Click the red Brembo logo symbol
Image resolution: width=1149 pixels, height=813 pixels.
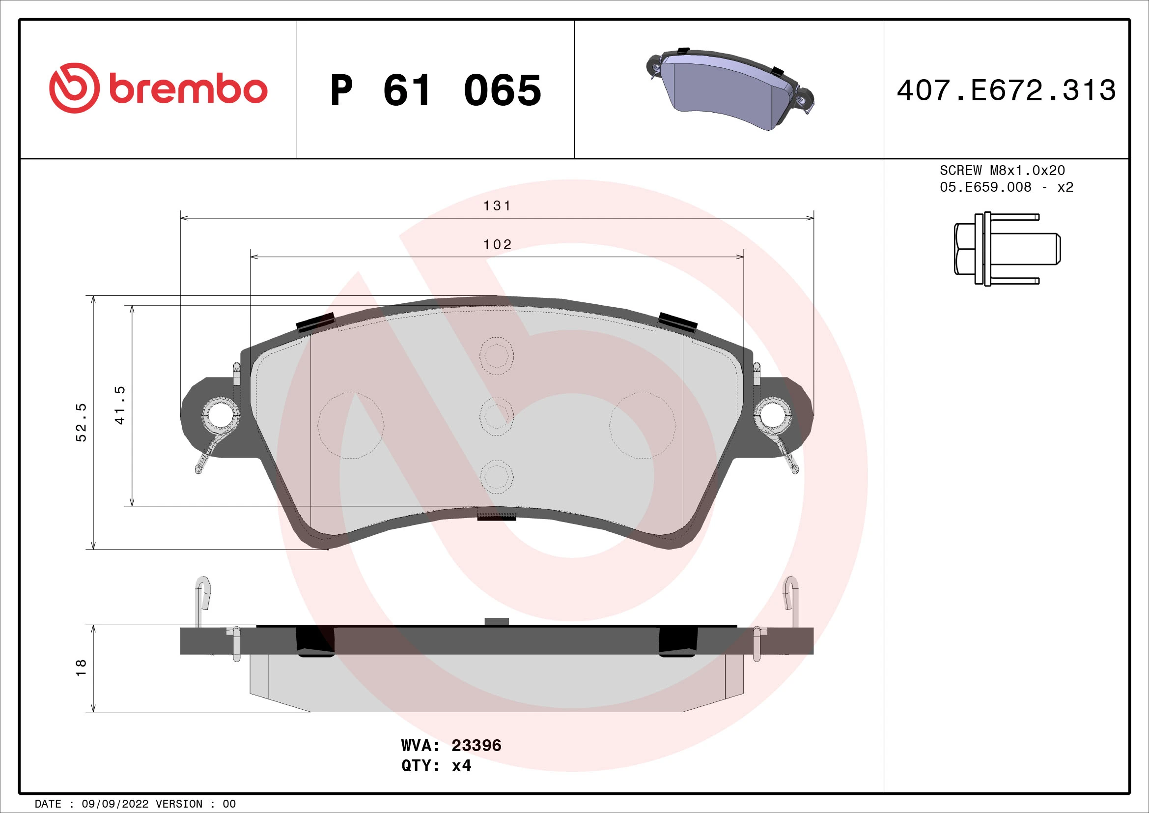74,88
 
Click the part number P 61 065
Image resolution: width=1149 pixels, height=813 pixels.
435,90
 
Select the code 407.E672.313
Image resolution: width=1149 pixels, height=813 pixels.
1006,90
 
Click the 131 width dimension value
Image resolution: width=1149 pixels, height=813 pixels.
497,206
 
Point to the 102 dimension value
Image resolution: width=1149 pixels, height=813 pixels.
497,245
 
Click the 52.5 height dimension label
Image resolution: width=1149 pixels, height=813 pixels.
81,422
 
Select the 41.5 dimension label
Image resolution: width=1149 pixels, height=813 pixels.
119,405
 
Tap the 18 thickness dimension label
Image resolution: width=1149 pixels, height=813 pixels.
81,668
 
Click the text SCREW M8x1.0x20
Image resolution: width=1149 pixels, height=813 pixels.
1002,171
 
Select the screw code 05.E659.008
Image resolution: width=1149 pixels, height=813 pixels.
985,187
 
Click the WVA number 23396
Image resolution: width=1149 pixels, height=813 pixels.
476,746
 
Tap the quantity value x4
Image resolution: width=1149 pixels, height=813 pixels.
461,766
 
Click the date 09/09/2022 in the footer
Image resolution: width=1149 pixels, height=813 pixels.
114,804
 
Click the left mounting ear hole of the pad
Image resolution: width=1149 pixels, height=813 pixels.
219,414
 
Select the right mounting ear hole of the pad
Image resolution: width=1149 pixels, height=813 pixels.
773,414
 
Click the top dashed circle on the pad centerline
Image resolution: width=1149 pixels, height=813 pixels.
496,356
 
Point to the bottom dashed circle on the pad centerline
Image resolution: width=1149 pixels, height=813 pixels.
496,476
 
